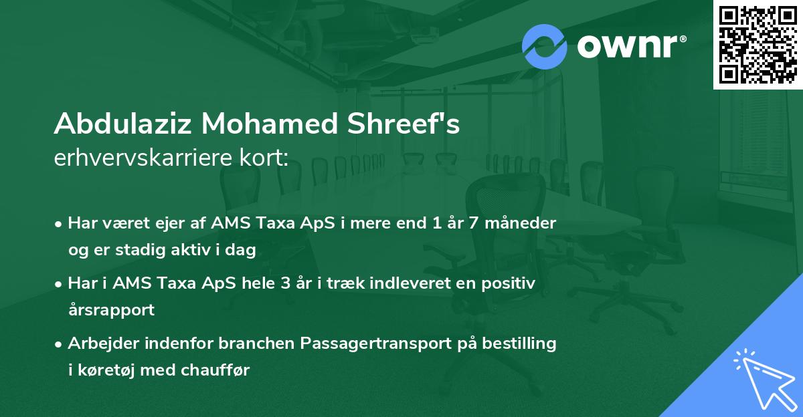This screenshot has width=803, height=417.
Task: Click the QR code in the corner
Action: (757, 45)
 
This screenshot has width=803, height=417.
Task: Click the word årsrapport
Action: (111, 309)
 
